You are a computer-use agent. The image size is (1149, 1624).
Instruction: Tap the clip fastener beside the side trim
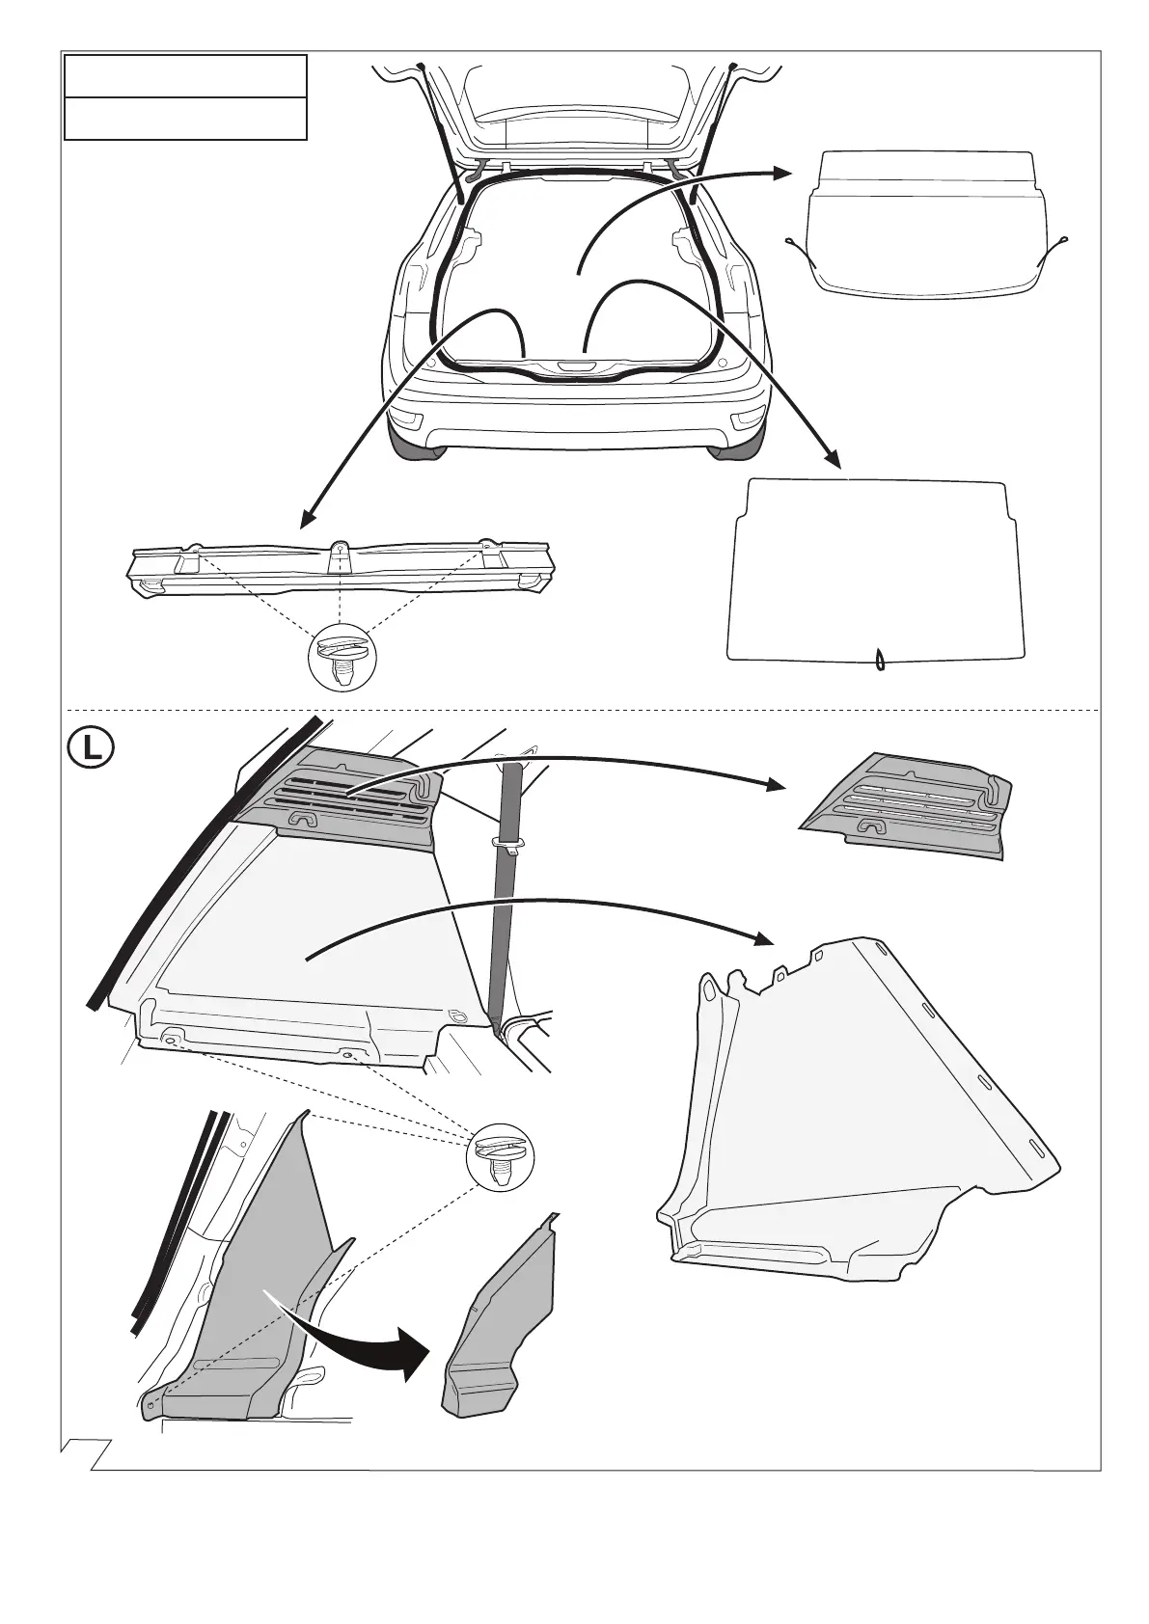pos(499,1157)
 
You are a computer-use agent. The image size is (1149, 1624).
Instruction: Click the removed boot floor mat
pos(875,569)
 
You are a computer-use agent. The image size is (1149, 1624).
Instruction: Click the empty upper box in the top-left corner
pos(185,75)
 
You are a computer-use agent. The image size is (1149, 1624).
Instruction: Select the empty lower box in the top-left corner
pos(185,118)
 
